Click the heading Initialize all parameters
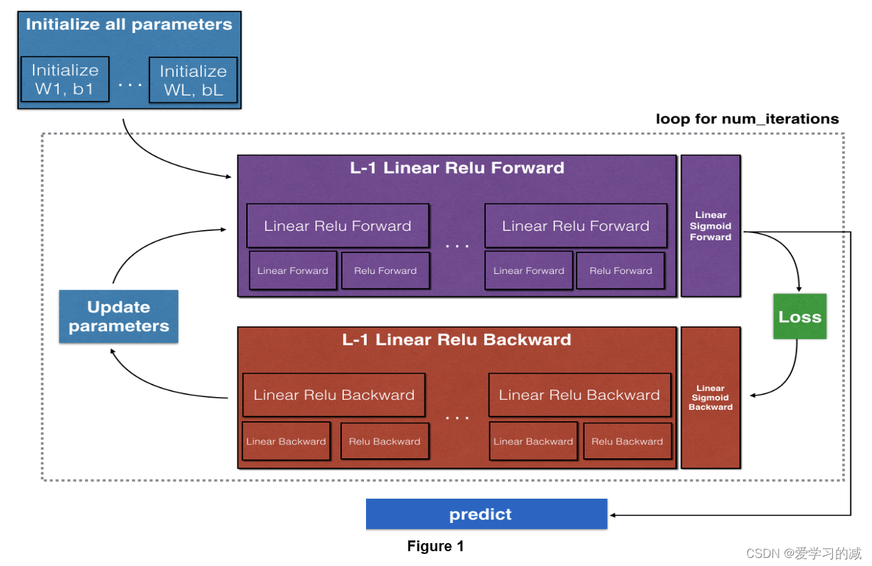[129, 25]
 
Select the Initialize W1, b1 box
[65, 79]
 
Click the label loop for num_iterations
[747, 119]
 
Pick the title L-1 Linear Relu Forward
[457, 168]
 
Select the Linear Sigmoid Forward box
[711, 226]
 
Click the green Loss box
[799, 316]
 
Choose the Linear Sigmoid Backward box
[711, 398]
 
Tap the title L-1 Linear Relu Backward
[457, 340]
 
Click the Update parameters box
[118, 316]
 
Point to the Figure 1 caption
[435, 546]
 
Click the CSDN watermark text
[803, 553]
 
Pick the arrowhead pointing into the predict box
[614, 516]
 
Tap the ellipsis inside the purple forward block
[457, 246]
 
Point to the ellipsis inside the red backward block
[457, 417]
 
